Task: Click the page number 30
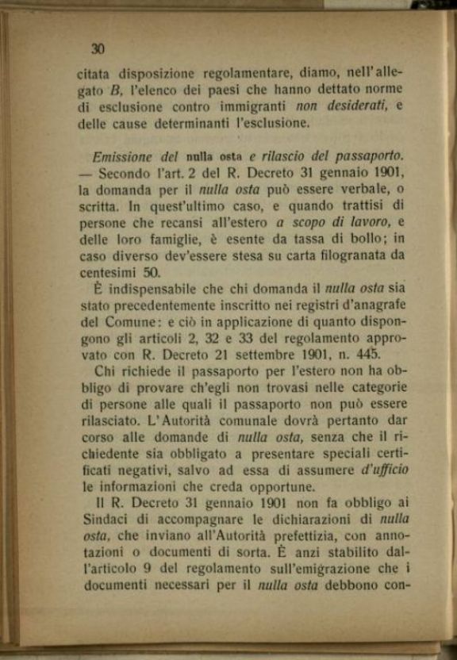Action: tap(98, 49)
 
